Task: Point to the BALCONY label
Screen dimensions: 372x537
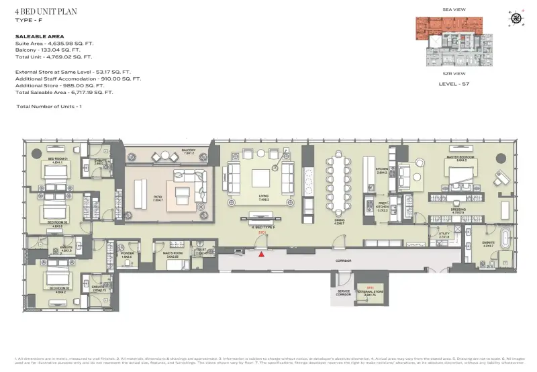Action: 189,151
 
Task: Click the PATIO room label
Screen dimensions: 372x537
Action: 158,198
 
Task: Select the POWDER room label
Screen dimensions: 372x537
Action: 126,254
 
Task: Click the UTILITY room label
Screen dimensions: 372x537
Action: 444,235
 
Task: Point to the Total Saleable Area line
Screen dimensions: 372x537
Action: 64,93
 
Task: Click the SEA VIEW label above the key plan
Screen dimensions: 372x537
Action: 454,10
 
